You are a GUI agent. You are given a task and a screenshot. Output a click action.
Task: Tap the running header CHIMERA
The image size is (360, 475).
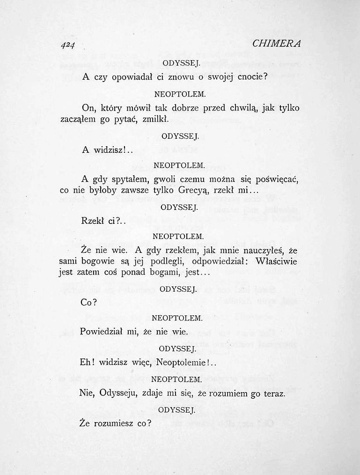[276, 43]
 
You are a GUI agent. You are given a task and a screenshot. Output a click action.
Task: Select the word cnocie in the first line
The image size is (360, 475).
[251, 77]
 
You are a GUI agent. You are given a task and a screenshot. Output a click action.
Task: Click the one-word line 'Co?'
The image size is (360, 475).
[88, 303]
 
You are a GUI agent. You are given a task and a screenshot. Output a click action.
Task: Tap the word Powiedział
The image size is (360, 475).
[101, 332]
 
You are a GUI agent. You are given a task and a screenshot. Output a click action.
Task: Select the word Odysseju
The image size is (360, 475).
[118, 393]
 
